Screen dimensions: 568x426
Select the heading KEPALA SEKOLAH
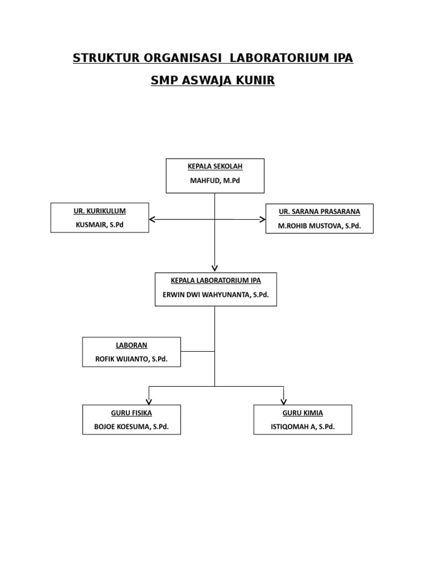pyautogui.click(x=215, y=166)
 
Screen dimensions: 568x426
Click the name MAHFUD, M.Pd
pyautogui.click(x=215, y=180)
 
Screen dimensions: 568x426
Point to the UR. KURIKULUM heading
pyautogui.click(x=100, y=211)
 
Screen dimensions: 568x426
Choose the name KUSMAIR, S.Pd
pyautogui.click(x=100, y=225)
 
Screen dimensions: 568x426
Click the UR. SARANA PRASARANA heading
pyautogui.click(x=319, y=212)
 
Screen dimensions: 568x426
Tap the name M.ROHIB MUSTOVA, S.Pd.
pyautogui.click(x=319, y=226)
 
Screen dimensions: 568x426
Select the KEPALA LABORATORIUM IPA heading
pyautogui.click(x=216, y=281)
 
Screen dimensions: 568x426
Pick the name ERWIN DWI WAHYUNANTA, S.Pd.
pyautogui.click(x=216, y=295)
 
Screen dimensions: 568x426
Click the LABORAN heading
pyautogui.click(x=131, y=345)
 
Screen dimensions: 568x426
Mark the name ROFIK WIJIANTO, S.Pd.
pyautogui.click(x=131, y=359)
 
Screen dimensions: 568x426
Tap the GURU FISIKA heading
pyautogui.click(x=131, y=413)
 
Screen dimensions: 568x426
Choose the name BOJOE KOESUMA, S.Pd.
pyautogui.click(x=131, y=428)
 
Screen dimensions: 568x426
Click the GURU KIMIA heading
pyautogui.click(x=303, y=413)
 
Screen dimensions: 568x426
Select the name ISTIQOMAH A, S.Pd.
pyautogui.click(x=303, y=428)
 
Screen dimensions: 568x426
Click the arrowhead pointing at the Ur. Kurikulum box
pyautogui.click(x=153, y=220)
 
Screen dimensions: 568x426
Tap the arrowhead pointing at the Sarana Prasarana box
pyautogui.click(x=262, y=220)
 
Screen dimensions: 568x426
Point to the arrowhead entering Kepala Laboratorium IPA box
pyautogui.click(x=215, y=268)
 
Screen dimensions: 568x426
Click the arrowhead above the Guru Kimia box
pyautogui.click(x=283, y=401)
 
